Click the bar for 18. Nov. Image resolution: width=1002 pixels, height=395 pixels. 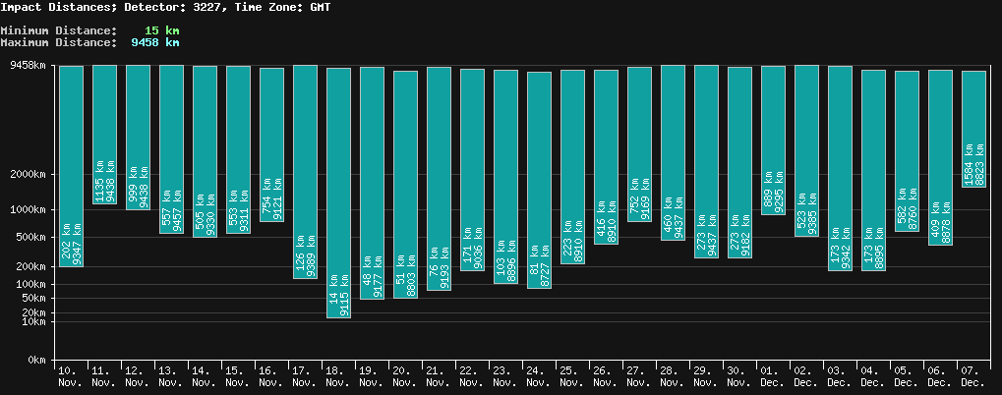click(338, 192)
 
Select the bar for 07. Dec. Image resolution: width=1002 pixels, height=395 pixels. click(973, 128)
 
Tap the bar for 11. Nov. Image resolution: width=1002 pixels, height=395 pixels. click(104, 134)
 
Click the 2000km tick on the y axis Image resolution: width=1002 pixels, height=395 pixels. click(28, 175)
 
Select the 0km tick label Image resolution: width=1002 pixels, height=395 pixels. click(36, 361)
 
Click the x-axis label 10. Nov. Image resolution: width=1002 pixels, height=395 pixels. click(70, 376)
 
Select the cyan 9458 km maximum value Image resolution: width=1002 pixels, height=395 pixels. click(154, 42)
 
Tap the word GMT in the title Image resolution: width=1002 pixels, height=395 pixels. click(319, 7)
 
